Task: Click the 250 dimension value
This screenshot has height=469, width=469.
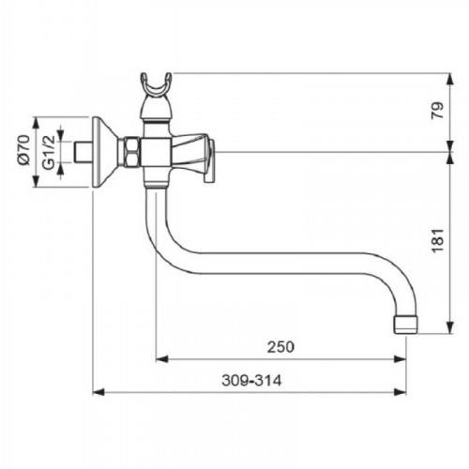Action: [280, 347]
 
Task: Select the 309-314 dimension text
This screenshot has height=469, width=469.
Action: [251, 381]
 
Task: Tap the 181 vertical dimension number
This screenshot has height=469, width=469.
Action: [438, 240]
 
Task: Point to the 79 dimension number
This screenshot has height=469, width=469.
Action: [438, 111]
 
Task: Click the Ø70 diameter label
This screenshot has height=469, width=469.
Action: [23, 150]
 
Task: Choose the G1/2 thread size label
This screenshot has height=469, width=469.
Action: [49, 152]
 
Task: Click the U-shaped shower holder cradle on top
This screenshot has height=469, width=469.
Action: [156, 83]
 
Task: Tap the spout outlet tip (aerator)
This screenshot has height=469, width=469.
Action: [405, 325]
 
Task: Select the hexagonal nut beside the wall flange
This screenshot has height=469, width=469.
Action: [132, 152]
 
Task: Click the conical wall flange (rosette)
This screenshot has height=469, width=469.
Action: [105, 152]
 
